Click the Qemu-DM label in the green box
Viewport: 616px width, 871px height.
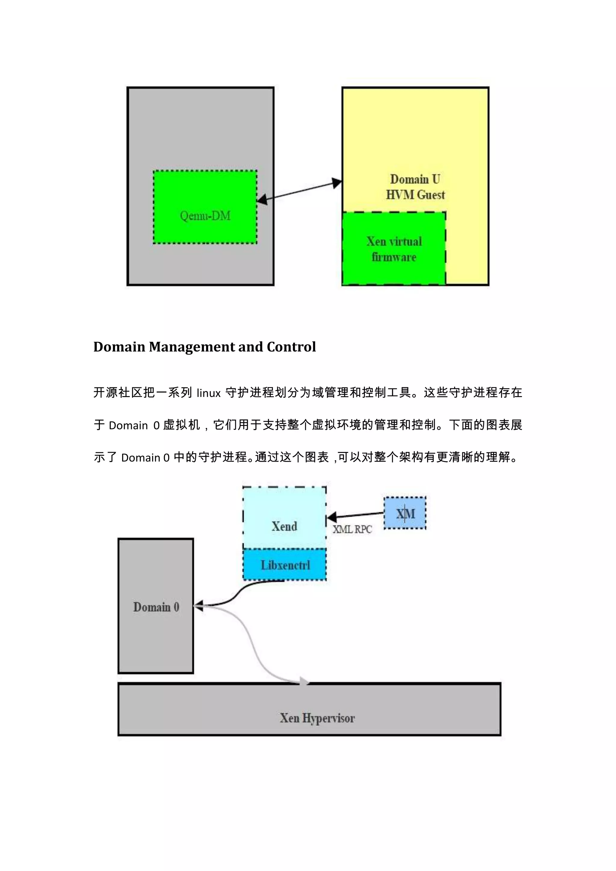(205, 216)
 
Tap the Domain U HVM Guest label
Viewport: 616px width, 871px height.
(415, 187)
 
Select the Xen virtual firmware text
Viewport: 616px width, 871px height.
(394, 249)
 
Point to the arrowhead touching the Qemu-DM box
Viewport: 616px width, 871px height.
(262, 200)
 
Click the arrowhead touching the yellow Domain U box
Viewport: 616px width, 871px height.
(337, 183)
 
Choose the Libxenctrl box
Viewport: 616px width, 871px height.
(285, 565)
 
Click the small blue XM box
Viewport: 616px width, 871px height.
(405, 514)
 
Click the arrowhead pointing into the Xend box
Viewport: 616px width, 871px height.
(331, 517)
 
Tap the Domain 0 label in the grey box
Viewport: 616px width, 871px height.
(156, 607)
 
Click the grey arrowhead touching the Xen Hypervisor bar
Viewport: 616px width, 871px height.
(304, 681)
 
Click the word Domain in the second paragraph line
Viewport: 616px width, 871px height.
(128, 426)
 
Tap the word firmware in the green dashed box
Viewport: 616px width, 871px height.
(394, 257)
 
